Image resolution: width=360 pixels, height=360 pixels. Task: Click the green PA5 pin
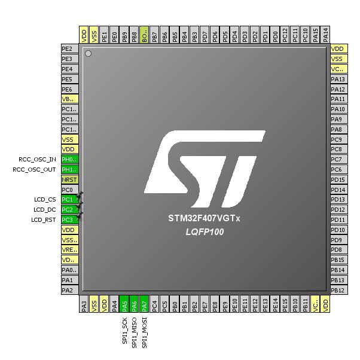click(x=124, y=304)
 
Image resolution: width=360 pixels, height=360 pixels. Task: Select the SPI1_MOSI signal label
click(x=145, y=332)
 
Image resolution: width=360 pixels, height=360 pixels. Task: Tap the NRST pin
click(x=70, y=179)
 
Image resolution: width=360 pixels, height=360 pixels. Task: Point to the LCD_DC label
click(x=45, y=209)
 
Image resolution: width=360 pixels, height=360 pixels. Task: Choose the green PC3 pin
click(x=70, y=219)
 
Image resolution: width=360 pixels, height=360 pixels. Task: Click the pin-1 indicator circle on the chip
click(x=89, y=54)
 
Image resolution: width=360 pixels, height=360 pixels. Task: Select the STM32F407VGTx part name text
click(x=205, y=219)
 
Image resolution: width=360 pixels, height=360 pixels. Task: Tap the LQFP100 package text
click(x=205, y=231)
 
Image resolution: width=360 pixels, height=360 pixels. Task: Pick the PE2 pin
click(x=70, y=49)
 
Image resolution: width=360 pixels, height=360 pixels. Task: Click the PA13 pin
click(x=338, y=79)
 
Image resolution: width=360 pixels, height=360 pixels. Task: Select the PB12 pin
click(x=338, y=290)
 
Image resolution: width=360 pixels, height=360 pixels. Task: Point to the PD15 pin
click(x=338, y=179)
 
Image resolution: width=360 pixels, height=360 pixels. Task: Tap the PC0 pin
click(x=70, y=189)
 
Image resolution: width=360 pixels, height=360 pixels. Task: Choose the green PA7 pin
click(x=145, y=304)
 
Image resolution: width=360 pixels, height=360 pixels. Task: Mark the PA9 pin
click(x=338, y=119)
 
